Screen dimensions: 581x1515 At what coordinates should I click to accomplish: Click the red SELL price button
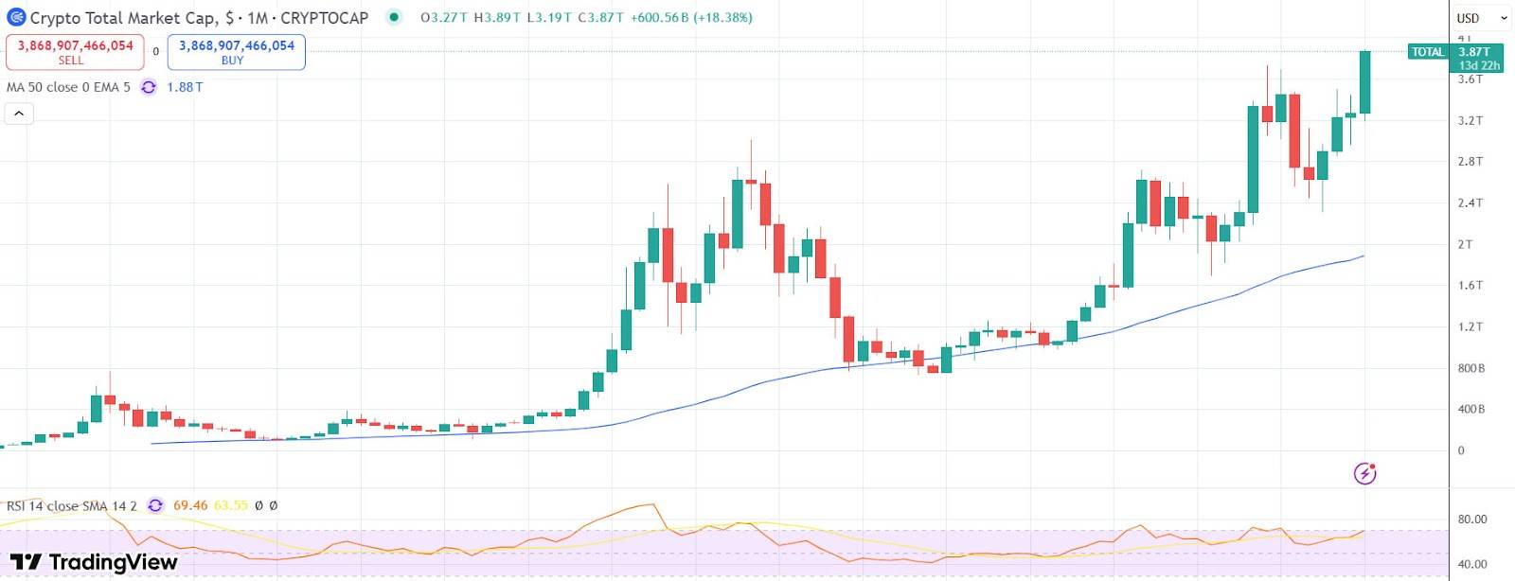(x=75, y=52)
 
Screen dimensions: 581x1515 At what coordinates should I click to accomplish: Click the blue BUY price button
(x=236, y=52)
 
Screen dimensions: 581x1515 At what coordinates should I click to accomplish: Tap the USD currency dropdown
(x=1481, y=18)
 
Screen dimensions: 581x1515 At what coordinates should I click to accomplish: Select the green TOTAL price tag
(x=1454, y=58)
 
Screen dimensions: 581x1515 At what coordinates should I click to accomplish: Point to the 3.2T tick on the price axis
(x=1470, y=120)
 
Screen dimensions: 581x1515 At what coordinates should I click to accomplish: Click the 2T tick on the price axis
(x=1465, y=244)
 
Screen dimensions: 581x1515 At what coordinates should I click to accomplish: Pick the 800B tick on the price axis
(x=1470, y=368)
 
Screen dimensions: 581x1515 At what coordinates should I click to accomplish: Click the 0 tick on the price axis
(x=1461, y=450)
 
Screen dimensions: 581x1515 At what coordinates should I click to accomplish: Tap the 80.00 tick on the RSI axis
(x=1472, y=519)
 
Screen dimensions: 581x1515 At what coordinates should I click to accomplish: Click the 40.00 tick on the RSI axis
(x=1472, y=564)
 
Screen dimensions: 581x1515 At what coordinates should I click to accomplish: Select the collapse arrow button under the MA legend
(x=19, y=114)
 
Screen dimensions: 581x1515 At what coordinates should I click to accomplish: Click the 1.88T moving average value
(x=185, y=87)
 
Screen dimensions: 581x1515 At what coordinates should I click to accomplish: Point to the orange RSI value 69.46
(x=190, y=505)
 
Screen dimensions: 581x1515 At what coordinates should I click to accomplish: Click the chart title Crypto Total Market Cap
(x=123, y=18)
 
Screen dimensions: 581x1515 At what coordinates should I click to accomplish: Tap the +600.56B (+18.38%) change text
(x=691, y=18)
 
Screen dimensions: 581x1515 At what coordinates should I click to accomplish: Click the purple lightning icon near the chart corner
(x=1364, y=473)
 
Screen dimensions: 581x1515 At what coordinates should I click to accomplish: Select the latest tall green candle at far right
(x=1364, y=82)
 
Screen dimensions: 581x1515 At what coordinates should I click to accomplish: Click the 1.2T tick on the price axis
(x=1470, y=326)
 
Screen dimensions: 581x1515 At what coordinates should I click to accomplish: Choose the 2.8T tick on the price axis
(x=1470, y=162)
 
